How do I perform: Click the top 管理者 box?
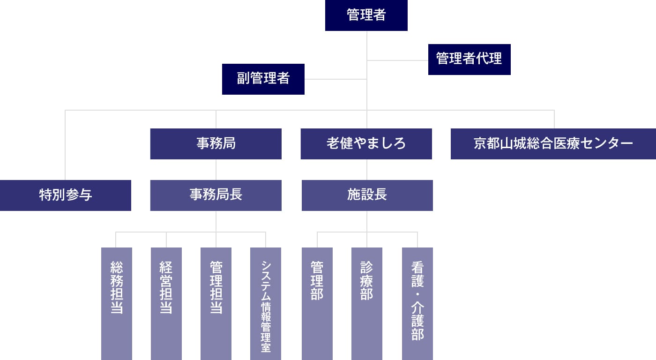point(366,15)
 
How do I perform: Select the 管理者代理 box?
point(469,59)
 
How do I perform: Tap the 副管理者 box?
point(263,79)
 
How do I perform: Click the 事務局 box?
point(216,143)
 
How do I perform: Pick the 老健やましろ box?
point(366,143)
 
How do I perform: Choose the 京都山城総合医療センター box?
point(553,143)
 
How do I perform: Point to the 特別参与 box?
point(65,195)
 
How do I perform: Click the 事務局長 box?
point(216,195)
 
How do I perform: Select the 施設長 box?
point(367,195)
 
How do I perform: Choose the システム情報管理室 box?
point(265,303)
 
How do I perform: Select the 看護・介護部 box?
point(417,303)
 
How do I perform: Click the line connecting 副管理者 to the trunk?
point(335,79)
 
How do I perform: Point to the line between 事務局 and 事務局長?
point(216,170)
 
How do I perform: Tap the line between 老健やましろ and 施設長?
point(367,170)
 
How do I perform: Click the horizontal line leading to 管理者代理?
point(397,60)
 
